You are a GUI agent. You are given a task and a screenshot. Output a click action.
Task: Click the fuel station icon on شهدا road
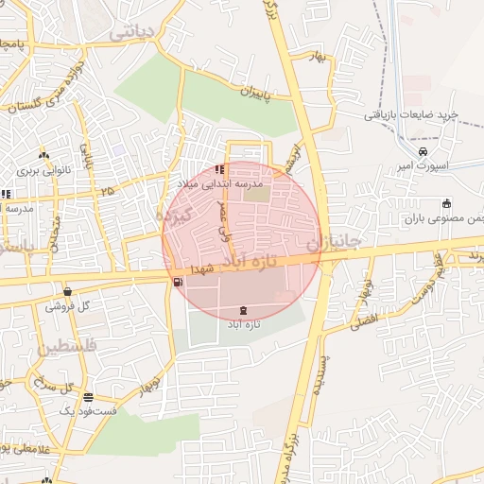coord(178,282)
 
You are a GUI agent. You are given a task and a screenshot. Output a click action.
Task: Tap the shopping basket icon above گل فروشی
coord(67,291)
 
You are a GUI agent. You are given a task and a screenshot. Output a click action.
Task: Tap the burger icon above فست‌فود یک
coord(88,397)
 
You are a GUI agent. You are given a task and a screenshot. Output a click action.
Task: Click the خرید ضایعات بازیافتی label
coord(411,114)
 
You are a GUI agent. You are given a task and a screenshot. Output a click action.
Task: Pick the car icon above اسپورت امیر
coord(423,151)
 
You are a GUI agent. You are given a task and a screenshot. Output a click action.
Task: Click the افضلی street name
coord(364,319)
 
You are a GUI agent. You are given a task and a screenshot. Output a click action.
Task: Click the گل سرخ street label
coord(55,385)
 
